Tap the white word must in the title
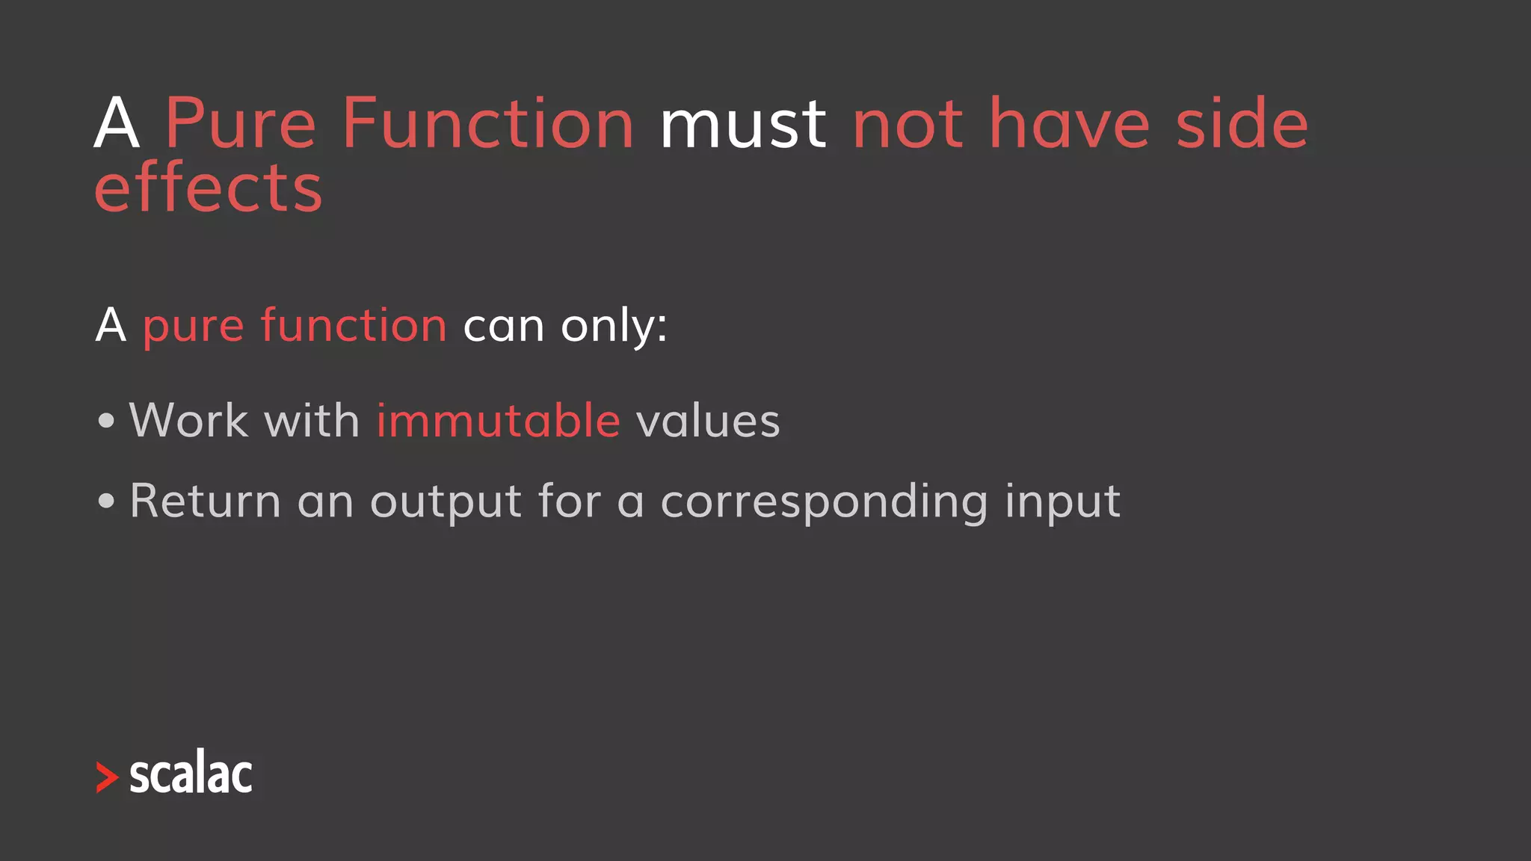pos(743,125)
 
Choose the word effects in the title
pos(209,188)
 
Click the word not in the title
pos(908,125)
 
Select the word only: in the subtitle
pos(614,327)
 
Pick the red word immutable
pos(498,420)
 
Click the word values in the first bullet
pos(708,421)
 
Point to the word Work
pos(188,420)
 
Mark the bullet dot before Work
pos(106,421)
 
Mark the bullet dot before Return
pos(106,502)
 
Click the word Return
pos(205,501)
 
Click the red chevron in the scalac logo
pos(108,777)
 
